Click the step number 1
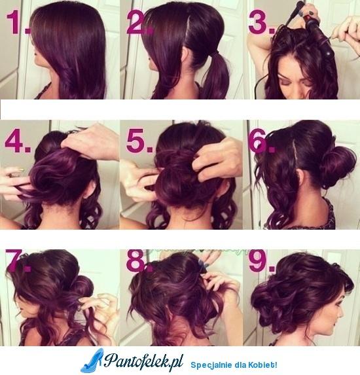click(x=18, y=23)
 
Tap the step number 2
click(x=139, y=23)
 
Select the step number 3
click(x=262, y=23)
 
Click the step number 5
click(x=139, y=141)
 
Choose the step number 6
click(x=261, y=141)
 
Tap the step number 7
click(x=18, y=260)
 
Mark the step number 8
click(x=139, y=260)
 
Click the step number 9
click(x=261, y=260)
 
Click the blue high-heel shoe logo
click(x=92, y=361)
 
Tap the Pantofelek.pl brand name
click(x=144, y=360)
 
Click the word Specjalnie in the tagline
click(x=207, y=365)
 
